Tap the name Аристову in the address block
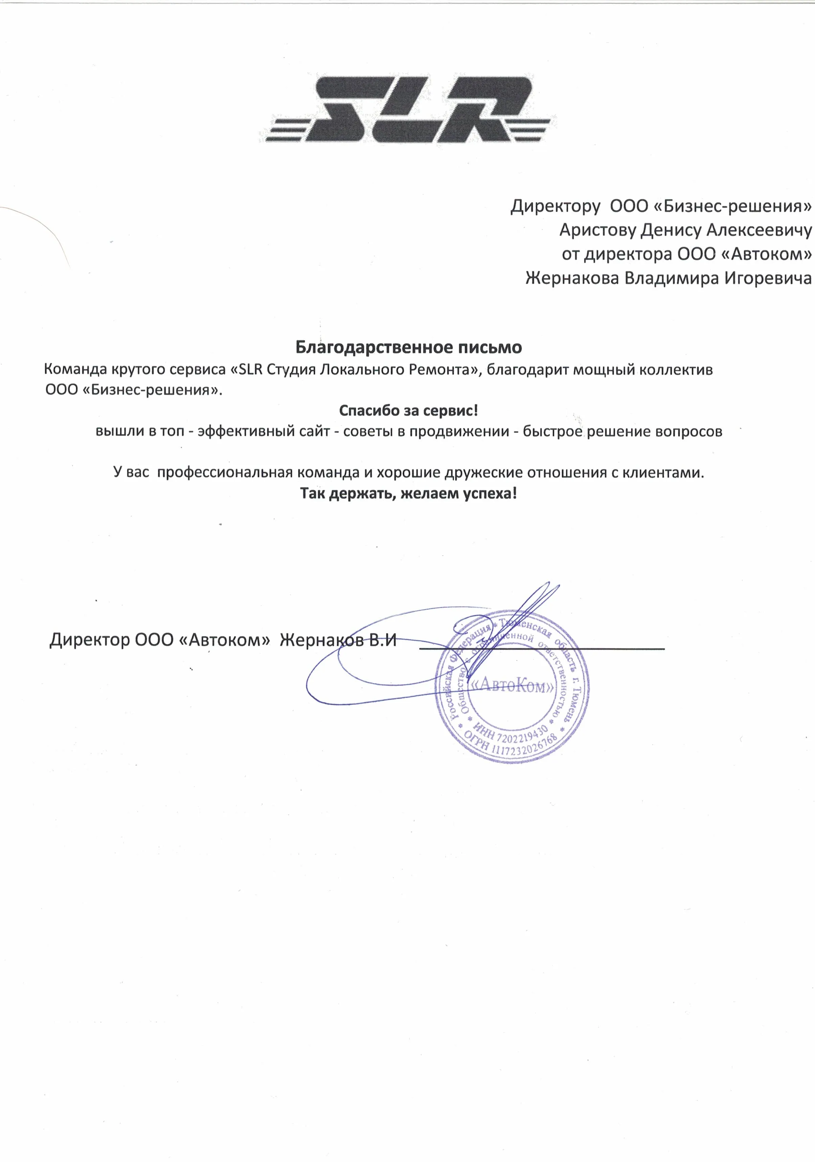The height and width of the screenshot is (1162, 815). click(x=597, y=230)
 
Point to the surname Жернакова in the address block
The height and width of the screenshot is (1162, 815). click(x=572, y=278)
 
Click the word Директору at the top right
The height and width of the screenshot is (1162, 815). click(x=555, y=206)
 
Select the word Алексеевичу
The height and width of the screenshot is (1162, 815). click(x=759, y=230)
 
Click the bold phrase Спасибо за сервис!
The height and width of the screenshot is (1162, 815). click(x=408, y=411)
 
